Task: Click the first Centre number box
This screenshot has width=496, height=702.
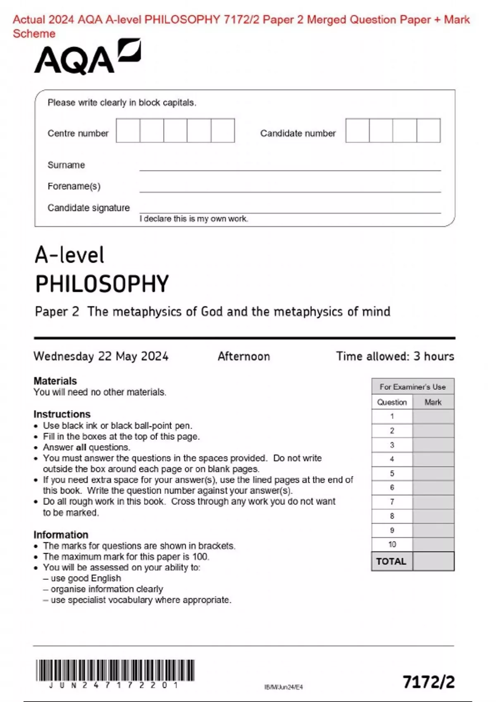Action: (x=128, y=130)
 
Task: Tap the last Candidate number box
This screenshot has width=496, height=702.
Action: (x=429, y=130)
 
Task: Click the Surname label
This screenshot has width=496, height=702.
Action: (x=66, y=165)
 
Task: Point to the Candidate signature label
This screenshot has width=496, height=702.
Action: (x=88, y=208)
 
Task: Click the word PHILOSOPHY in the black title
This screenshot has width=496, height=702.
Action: (x=102, y=284)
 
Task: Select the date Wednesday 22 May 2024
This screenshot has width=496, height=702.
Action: (x=101, y=356)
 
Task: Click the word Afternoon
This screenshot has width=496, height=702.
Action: (x=243, y=356)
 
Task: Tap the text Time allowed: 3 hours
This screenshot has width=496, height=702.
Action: (x=395, y=356)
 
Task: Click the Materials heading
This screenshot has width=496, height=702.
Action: (x=55, y=381)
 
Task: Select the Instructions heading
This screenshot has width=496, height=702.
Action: (x=62, y=414)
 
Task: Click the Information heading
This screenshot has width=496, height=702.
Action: (x=61, y=534)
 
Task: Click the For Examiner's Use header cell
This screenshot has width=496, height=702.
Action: (x=413, y=387)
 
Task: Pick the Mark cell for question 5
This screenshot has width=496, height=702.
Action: (x=433, y=473)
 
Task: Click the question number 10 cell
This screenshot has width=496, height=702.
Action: (x=392, y=544)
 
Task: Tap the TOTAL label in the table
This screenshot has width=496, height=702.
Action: (x=391, y=561)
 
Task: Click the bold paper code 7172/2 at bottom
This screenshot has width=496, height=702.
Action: (x=429, y=682)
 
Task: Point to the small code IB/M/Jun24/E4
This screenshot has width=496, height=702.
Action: (x=284, y=687)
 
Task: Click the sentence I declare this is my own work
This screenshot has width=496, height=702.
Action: (x=193, y=219)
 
